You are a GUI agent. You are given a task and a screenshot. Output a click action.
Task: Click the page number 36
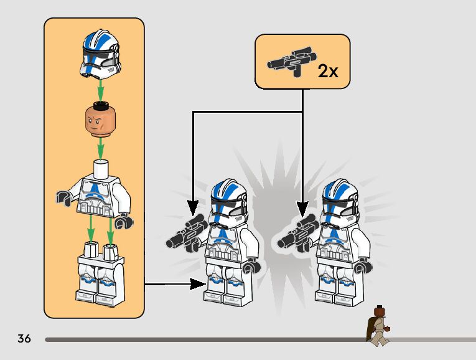[24, 339]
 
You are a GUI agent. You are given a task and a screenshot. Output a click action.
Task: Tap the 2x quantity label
[327, 70]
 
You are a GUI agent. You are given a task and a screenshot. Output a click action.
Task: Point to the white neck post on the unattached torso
[100, 168]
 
